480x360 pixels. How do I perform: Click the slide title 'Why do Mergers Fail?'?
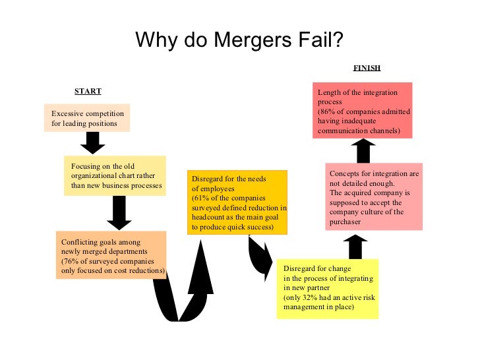pos(239,40)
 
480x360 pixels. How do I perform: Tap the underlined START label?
pos(88,91)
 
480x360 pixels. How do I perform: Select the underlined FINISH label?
pos(367,68)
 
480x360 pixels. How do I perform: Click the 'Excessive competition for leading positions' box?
pos(87,118)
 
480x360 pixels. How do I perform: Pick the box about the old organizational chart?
pos(115,175)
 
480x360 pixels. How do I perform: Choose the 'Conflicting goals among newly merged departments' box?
pos(111,255)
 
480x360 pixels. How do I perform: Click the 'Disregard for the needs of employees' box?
pos(239,202)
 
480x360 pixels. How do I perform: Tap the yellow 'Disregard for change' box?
pos(328,288)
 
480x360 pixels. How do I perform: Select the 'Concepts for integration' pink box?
pos(374,198)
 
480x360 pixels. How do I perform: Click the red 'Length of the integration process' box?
pos(362,111)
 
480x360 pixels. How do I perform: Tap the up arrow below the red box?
pos(363,150)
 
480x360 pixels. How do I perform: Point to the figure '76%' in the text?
pos(69,261)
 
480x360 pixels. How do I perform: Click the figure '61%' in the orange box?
pos(200,198)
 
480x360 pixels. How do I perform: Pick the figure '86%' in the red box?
pos(327,112)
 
